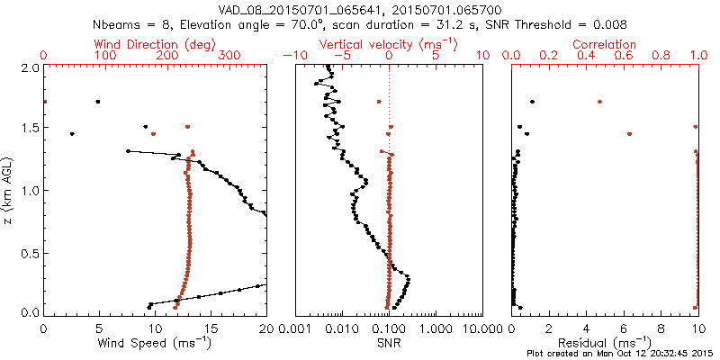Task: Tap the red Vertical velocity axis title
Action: tap(389, 44)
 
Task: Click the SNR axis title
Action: tap(389, 343)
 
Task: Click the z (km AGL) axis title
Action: tap(11, 189)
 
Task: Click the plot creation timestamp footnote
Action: tap(621, 354)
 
